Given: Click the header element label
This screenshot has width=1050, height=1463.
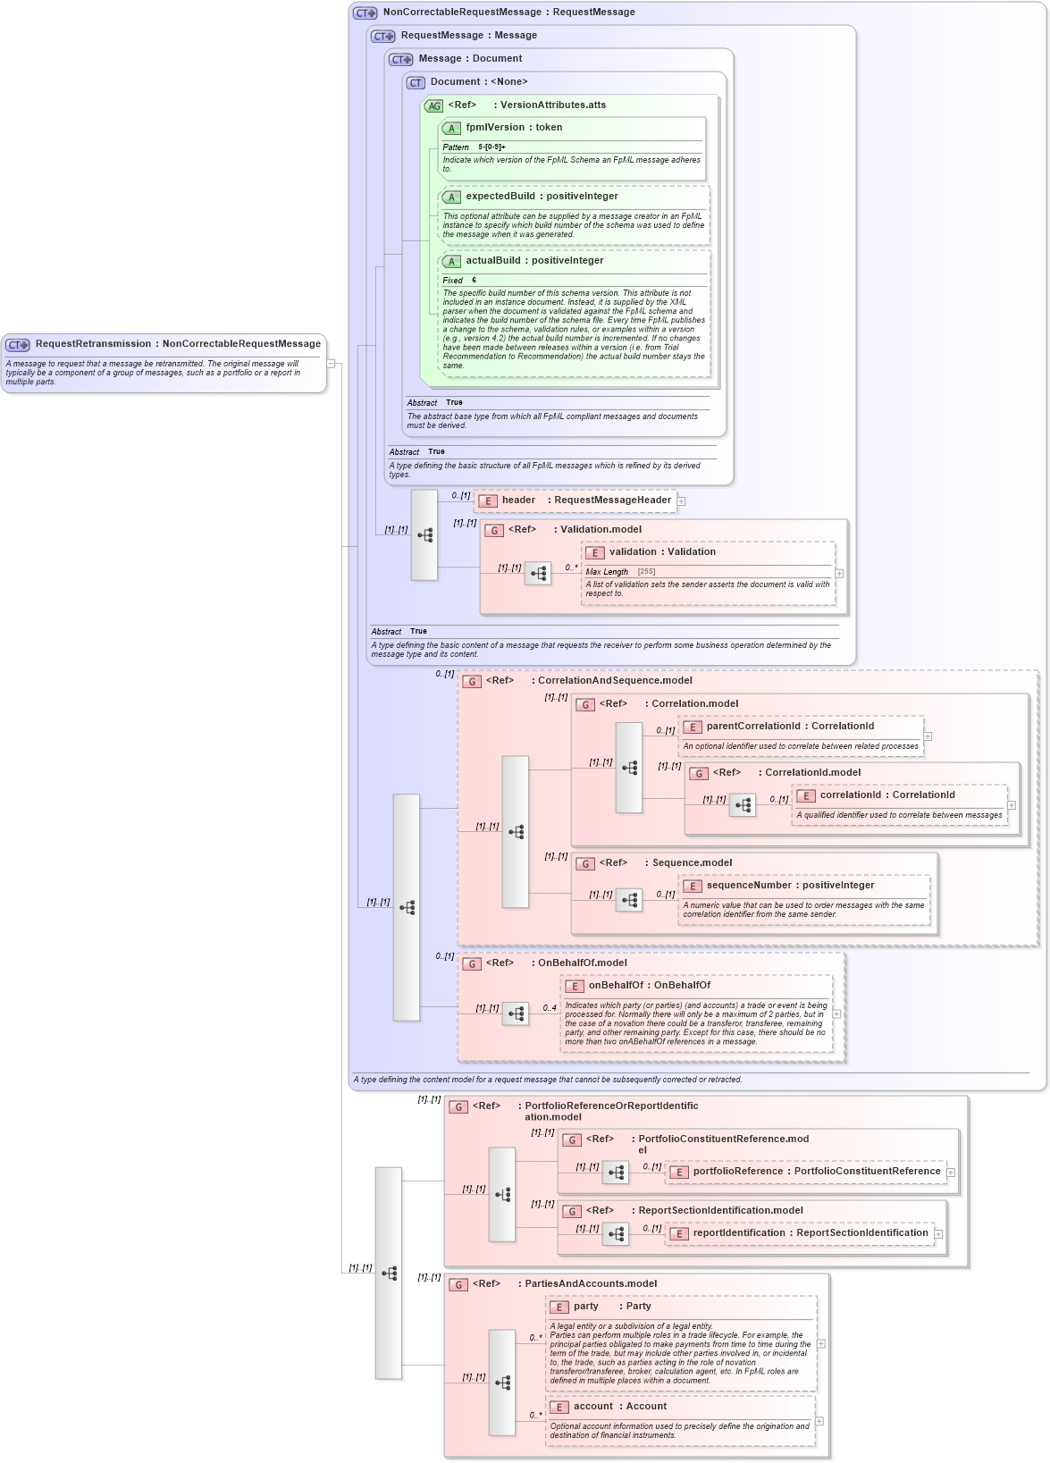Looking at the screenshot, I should coord(518,500).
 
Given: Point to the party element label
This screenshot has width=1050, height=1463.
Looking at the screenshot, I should coord(586,1307).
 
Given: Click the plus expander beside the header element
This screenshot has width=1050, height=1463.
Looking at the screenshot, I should coord(681,501).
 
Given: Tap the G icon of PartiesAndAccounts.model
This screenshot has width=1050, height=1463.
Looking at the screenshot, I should coord(458,1285).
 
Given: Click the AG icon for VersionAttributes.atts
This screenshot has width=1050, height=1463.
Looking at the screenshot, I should coord(433,106).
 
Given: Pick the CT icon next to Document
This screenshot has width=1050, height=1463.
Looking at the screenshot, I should coord(416,83).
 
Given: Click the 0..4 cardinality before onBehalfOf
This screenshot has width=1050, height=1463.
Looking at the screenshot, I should coord(550,1008).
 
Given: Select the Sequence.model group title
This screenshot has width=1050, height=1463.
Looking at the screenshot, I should coord(692,863).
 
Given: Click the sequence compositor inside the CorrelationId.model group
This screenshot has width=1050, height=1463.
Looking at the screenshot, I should coord(743,805).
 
